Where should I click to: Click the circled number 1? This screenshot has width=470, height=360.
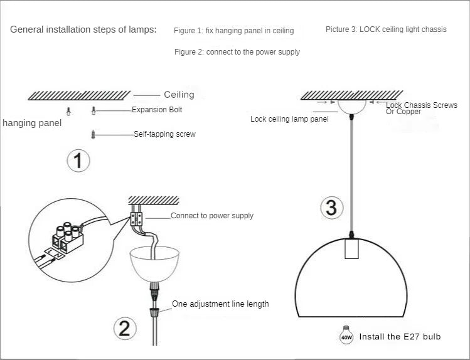click(x=78, y=161)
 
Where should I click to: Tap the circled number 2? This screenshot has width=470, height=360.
click(x=124, y=328)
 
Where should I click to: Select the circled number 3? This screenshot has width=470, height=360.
click(x=331, y=208)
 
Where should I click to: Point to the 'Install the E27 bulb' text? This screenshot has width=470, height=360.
click(x=400, y=337)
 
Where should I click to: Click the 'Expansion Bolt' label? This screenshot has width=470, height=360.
click(x=157, y=110)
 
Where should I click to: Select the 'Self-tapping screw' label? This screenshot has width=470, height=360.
click(x=164, y=134)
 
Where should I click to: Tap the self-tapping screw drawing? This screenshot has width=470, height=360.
click(x=93, y=134)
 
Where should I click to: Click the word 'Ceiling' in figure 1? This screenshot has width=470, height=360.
click(x=179, y=95)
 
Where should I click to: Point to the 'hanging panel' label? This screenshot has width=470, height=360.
click(x=32, y=123)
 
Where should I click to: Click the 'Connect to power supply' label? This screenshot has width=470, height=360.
click(x=212, y=216)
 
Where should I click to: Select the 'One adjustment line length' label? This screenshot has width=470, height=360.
click(x=220, y=304)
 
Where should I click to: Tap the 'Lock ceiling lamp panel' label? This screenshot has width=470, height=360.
click(x=289, y=119)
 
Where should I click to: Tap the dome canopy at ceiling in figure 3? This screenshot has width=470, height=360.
click(x=355, y=105)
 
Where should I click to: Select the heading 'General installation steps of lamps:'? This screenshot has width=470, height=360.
click(x=83, y=29)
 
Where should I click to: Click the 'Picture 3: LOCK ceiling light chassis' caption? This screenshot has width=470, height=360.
click(x=386, y=29)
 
